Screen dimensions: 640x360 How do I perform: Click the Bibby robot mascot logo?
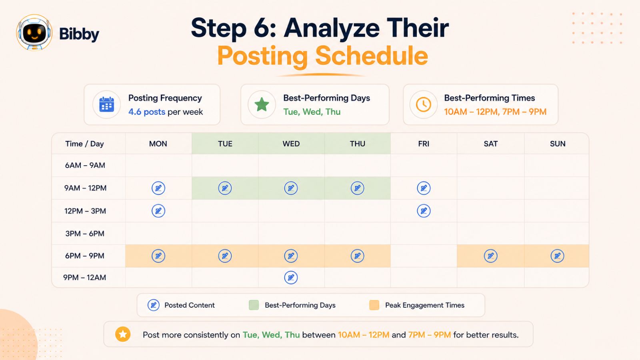[34, 32]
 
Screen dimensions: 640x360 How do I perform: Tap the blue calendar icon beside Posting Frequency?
[106, 104]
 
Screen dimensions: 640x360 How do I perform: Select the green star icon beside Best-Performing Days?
[262, 104]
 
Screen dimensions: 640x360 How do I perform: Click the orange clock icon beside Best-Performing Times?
[424, 104]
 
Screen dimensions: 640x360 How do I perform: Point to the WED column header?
[291, 144]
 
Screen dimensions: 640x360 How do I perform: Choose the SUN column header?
[558, 144]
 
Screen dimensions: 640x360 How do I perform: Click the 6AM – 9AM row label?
[85, 166]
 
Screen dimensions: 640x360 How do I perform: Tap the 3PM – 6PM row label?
[85, 234]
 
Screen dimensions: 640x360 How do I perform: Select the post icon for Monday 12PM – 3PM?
[158, 211]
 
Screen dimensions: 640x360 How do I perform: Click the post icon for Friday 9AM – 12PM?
[424, 188]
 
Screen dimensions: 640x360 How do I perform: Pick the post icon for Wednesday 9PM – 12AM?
[291, 278]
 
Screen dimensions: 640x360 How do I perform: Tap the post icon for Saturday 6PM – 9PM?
[490, 256]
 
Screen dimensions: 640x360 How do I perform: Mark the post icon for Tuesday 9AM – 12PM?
[225, 188]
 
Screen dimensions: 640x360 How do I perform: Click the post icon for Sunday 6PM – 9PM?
[558, 256]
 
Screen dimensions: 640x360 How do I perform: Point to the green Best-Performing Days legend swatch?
[254, 305]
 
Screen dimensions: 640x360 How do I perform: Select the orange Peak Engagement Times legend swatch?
[374, 305]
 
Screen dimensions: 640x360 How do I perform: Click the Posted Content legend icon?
[154, 305]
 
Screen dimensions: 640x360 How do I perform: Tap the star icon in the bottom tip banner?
[123, 334]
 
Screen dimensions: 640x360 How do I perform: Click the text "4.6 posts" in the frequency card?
[146, 112]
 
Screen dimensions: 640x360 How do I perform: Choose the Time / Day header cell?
[84, 144]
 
